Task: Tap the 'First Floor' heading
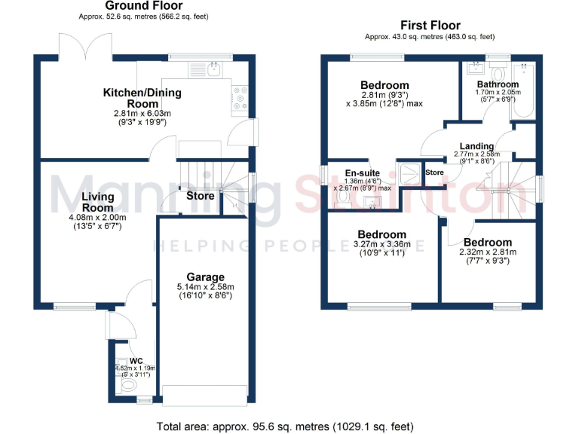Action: tap(430, 25)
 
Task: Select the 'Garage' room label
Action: tap(206, 277)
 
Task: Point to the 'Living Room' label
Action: tap(98, 202)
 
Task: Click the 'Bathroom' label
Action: tap(497, 84)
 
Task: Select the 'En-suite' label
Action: tap(357, 172)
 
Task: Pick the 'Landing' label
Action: tap(477, 146)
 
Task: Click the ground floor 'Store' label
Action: tap(201, 196)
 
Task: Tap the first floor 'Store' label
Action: tap(434, 173)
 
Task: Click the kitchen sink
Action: tap(214, 69)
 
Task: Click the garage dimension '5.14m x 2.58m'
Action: tap(206, 287)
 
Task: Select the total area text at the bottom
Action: tap(285, 426)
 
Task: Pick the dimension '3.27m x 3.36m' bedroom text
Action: tap(382, 244)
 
